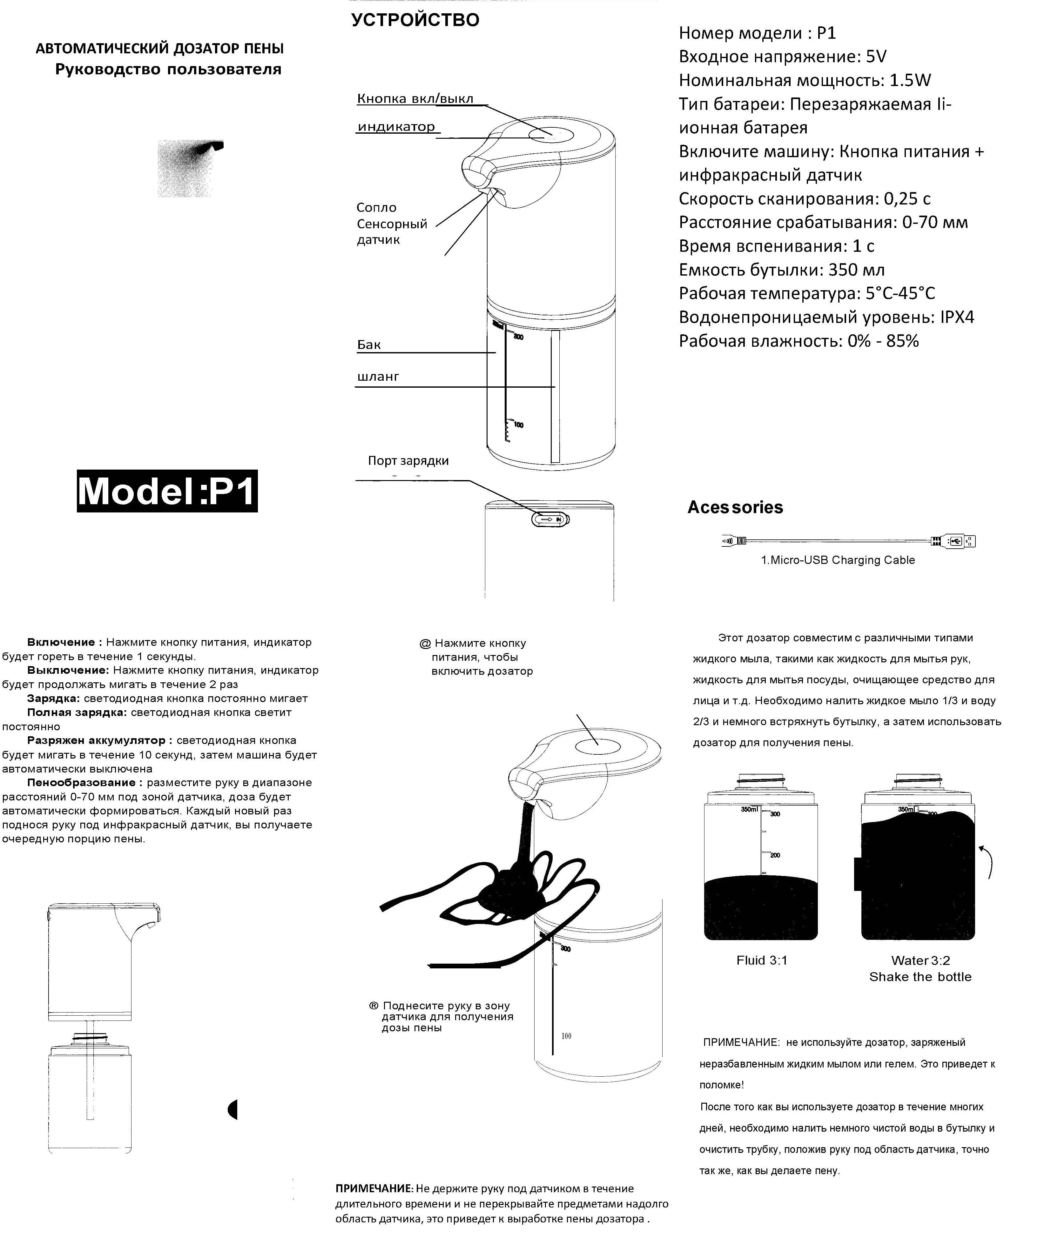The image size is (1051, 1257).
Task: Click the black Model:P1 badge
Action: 167,491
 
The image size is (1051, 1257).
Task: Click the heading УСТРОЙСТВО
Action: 415,20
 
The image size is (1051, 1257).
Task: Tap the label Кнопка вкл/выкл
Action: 415,99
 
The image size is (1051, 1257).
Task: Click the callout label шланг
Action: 378,377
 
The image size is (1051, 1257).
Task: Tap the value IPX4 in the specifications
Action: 957,317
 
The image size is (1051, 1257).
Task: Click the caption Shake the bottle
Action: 920,977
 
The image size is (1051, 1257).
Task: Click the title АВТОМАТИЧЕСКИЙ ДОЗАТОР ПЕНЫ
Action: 159,49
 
